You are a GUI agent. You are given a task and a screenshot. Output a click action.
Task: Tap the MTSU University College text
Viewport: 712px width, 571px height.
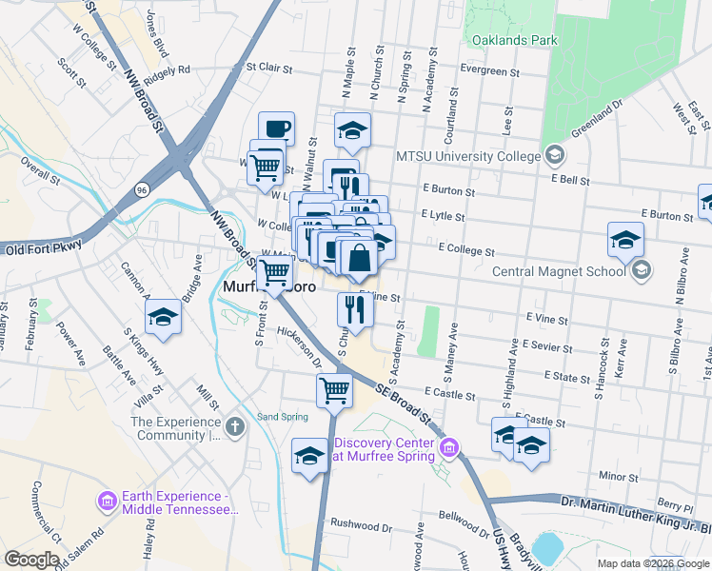[x=467, y=155]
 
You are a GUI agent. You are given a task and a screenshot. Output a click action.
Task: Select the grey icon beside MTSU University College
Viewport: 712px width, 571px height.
[x=554, y=155]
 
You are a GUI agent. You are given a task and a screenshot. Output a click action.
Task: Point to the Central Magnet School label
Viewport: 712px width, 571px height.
[x=559, y=271]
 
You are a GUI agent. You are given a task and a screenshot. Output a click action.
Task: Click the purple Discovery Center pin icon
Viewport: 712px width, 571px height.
[x=451, y=446]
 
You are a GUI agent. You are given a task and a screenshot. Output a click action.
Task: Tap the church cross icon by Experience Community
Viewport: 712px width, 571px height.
[x=236, y=427]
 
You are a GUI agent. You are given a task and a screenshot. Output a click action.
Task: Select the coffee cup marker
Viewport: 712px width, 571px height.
[x=276, y=128]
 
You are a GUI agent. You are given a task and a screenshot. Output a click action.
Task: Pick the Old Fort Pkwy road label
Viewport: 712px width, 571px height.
[x=45, y=247]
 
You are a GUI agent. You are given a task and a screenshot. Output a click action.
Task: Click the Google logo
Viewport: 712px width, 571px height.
[x=31, y=560]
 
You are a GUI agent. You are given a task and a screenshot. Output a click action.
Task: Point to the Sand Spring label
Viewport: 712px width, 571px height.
[x=283, y=417]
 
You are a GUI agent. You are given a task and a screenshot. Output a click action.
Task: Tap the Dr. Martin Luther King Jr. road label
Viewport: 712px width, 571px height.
[x=635, y=503]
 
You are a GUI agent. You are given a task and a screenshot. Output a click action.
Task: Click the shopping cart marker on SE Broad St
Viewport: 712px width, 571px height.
[x=334, y=390]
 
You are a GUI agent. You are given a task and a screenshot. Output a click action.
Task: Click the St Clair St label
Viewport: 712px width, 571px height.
[x=267, y=68]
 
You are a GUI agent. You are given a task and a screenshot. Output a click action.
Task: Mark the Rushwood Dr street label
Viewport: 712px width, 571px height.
[x=361, y=524]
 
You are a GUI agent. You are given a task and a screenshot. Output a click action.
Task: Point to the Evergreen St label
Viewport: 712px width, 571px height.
[x=489, y=71]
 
